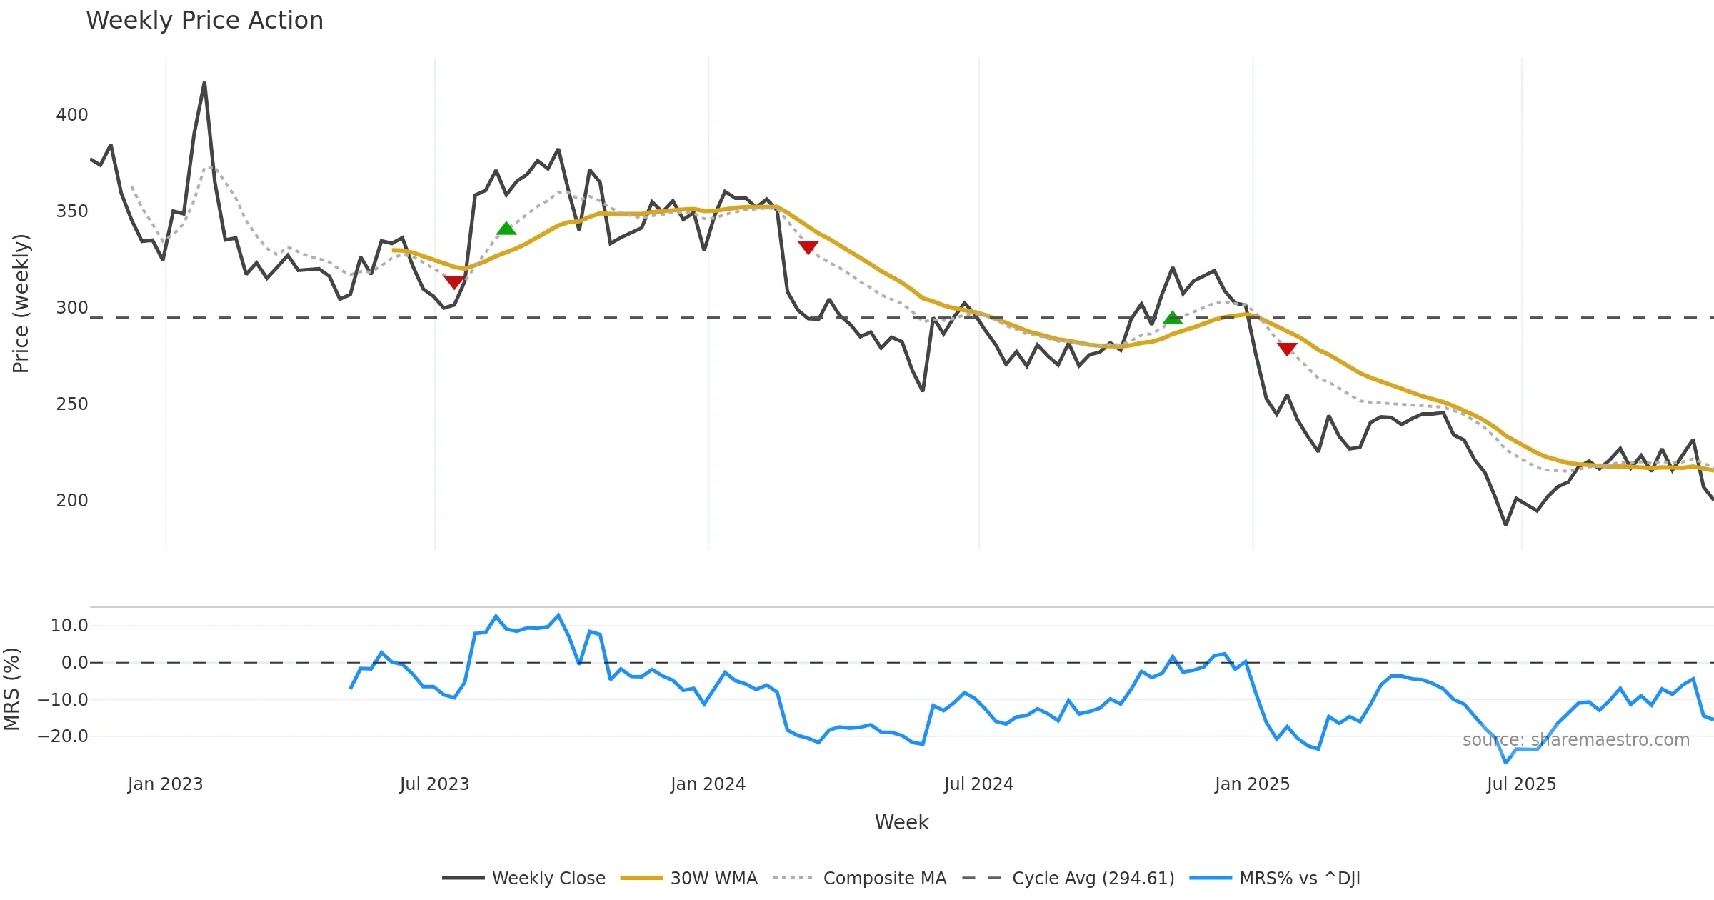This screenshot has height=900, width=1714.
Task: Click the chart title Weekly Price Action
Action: (204, 21)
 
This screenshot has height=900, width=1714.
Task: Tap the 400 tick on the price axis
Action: (72, 115)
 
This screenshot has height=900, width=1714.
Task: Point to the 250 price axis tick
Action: (72, 404)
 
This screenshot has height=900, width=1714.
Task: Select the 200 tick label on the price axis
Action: (72, 501)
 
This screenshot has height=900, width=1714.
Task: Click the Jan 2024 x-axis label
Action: (708, 784)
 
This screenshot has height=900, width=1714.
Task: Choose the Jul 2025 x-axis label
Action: (1521, 784)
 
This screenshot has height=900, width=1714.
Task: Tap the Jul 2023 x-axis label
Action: (434, 784)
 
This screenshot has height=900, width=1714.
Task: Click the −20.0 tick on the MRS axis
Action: (63, 736)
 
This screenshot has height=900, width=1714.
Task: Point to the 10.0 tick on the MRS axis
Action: (69, 626)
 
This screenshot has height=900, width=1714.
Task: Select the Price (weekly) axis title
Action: (21, 304)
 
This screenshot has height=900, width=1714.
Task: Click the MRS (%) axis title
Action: (11, 689)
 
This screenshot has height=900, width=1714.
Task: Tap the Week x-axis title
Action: (901, 823)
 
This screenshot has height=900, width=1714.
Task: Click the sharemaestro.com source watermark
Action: (1575, 740)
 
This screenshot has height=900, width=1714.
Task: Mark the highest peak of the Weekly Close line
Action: (204, 84)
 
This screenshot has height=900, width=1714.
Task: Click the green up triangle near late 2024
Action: (1173, 318)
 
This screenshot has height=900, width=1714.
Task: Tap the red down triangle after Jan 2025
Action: (1287, 349)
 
